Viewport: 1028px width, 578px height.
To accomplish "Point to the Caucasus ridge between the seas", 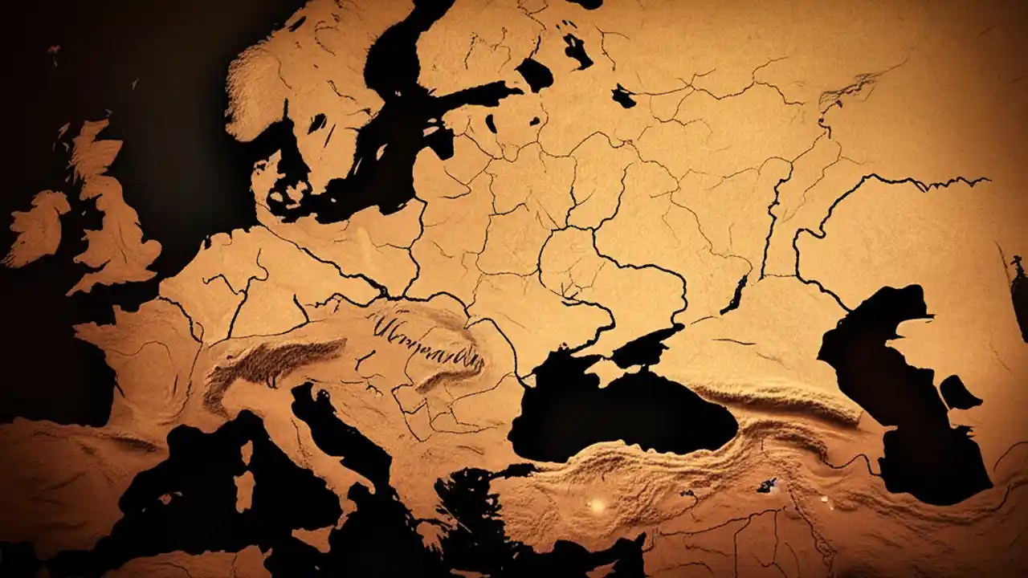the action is tap(771, 401).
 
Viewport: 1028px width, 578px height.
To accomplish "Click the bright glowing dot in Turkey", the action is tap(597, 504).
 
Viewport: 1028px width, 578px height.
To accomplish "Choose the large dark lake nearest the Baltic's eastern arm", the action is tap(534, 74).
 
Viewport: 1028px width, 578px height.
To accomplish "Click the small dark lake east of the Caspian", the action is tap(960, 393).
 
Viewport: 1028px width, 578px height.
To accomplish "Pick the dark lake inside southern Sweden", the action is tap(318, 122).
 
